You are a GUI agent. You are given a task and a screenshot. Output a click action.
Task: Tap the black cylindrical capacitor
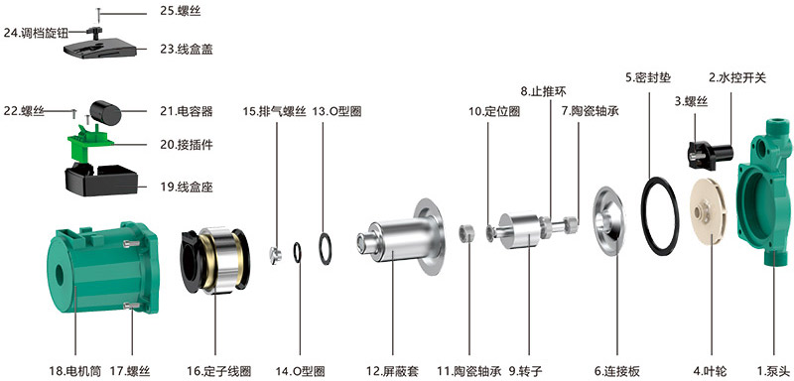pos(109,110)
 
